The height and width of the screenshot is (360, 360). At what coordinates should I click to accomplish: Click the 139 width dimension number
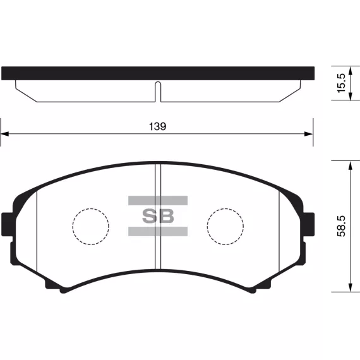(157, 126)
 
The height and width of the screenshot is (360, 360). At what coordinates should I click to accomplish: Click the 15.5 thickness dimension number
(341, 83)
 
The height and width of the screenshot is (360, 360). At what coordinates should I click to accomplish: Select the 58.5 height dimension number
(341, 226)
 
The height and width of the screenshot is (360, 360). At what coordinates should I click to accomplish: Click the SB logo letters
(158, 216)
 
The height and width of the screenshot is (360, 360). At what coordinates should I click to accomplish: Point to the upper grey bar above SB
(158, 200)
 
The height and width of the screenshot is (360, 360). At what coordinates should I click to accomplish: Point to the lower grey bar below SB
(158, 231)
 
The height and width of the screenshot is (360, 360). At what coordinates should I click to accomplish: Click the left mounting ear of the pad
(8, 224)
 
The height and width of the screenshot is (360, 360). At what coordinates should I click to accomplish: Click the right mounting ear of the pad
(308, 224)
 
